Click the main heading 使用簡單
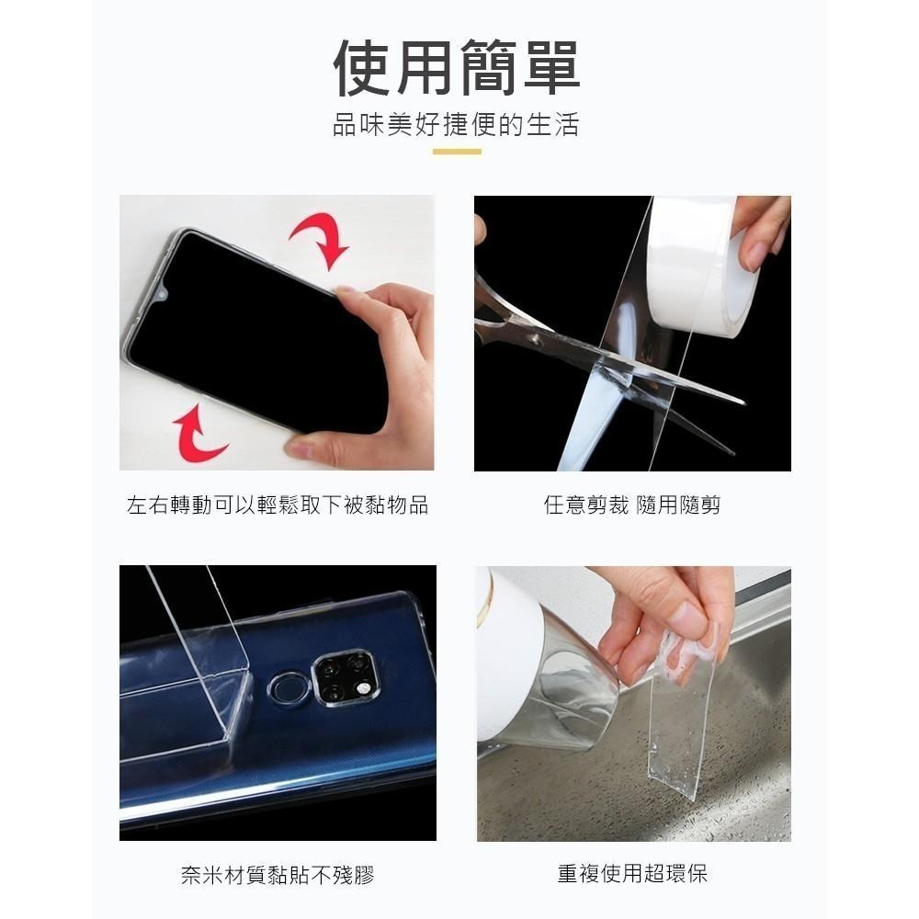457,68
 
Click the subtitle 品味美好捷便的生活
457,124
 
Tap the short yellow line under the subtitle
457,152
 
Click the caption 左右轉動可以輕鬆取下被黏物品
277,505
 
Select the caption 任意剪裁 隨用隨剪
632,505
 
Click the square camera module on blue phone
344,677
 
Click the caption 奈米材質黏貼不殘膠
277,874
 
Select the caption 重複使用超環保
632,874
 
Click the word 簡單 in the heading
519,68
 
